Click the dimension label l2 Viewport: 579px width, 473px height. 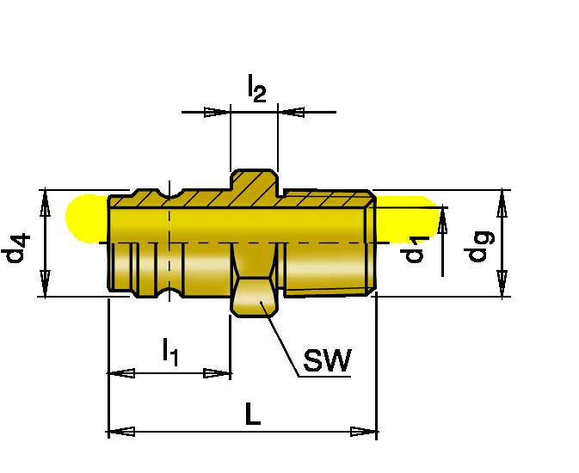point(256,88)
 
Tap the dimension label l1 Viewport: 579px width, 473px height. point(170,352)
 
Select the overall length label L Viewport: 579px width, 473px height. point(253,414)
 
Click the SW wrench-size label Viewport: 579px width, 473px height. point(327,360)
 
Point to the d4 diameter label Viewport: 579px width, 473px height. point(15,248)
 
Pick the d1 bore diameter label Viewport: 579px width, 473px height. point(414,250)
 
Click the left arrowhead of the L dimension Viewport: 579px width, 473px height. point(120,431)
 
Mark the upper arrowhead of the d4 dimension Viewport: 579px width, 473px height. point(45,203)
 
